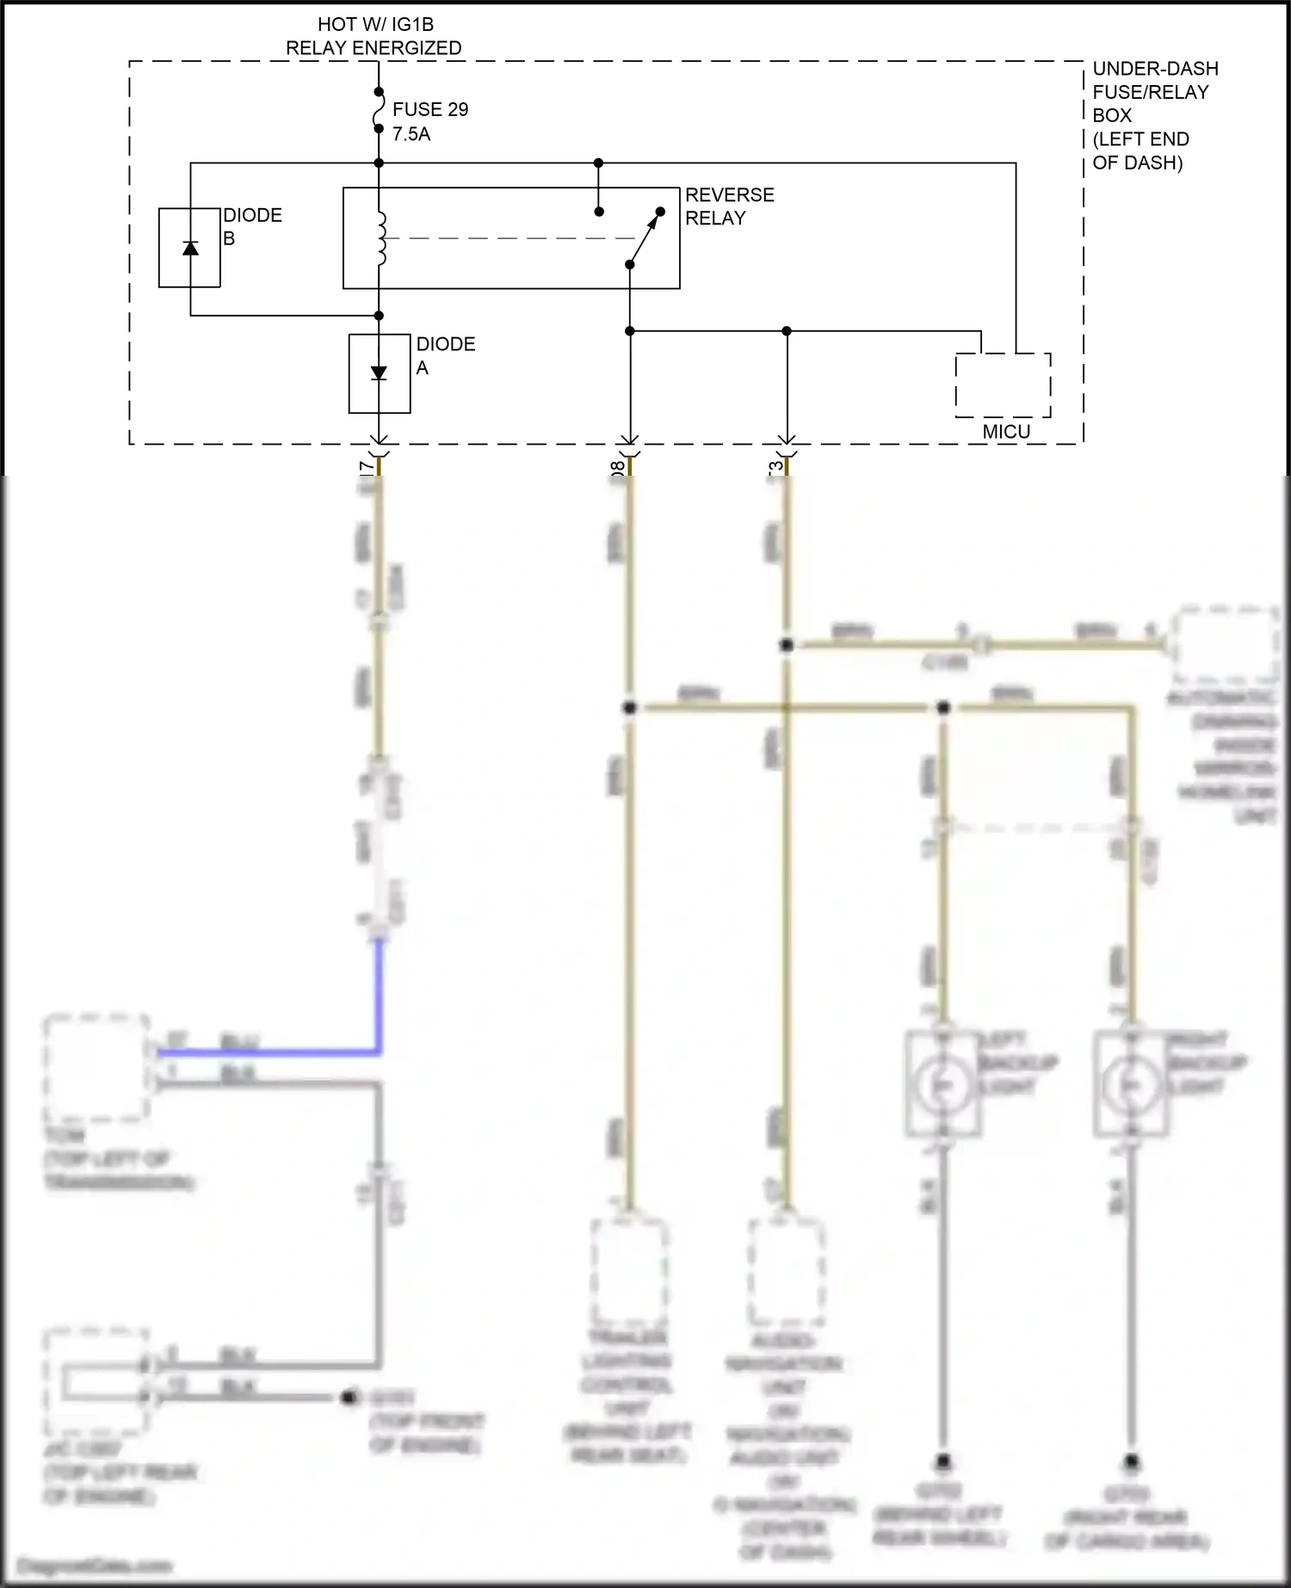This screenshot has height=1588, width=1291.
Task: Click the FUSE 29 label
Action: (429, 109)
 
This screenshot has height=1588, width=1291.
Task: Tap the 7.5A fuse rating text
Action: (411, 134)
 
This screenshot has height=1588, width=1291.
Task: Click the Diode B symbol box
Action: (189, 248)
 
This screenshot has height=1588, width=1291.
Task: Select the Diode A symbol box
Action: (380, 373)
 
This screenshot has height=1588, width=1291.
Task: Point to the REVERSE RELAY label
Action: (729, 206)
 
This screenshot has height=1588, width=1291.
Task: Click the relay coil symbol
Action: (380, 238)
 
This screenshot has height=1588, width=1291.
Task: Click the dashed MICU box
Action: (1003, 385)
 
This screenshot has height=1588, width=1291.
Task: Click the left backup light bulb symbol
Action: (943, 1086)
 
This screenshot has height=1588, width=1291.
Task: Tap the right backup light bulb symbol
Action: (1132, 1086)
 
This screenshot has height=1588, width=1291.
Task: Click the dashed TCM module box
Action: (96, 1068)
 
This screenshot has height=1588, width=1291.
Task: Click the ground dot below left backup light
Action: (943, 1462)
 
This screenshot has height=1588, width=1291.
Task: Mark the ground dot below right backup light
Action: (1132, 1462)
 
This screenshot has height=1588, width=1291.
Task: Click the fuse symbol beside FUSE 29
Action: (379, 110)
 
